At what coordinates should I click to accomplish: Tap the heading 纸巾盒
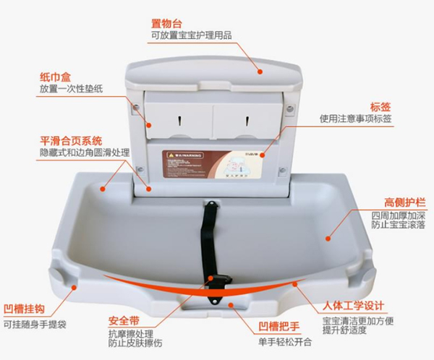[x=54, y=77]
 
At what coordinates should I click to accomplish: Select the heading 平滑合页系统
[x=70, y=140]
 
